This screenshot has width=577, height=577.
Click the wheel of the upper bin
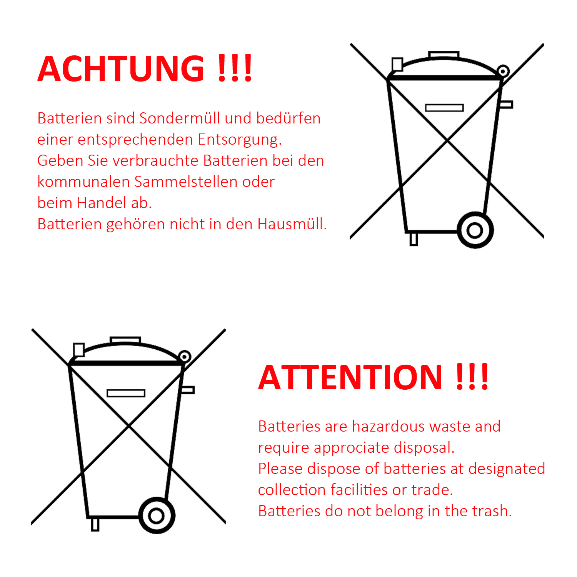tap(475, 230)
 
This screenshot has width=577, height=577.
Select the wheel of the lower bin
tap(157, 515)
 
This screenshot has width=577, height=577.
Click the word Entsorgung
tap(240, 140)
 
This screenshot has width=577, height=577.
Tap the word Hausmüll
tap(292, 224)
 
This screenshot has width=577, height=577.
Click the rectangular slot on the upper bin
tap(444, 108)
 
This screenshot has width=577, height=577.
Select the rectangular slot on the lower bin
tap(126, 393)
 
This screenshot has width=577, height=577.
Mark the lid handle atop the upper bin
tap(444, 54)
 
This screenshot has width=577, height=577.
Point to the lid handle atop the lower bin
tap(125, 340)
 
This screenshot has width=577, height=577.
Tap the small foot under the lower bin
tap(95, 525)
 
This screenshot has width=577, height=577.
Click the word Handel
tap(102, 203)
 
